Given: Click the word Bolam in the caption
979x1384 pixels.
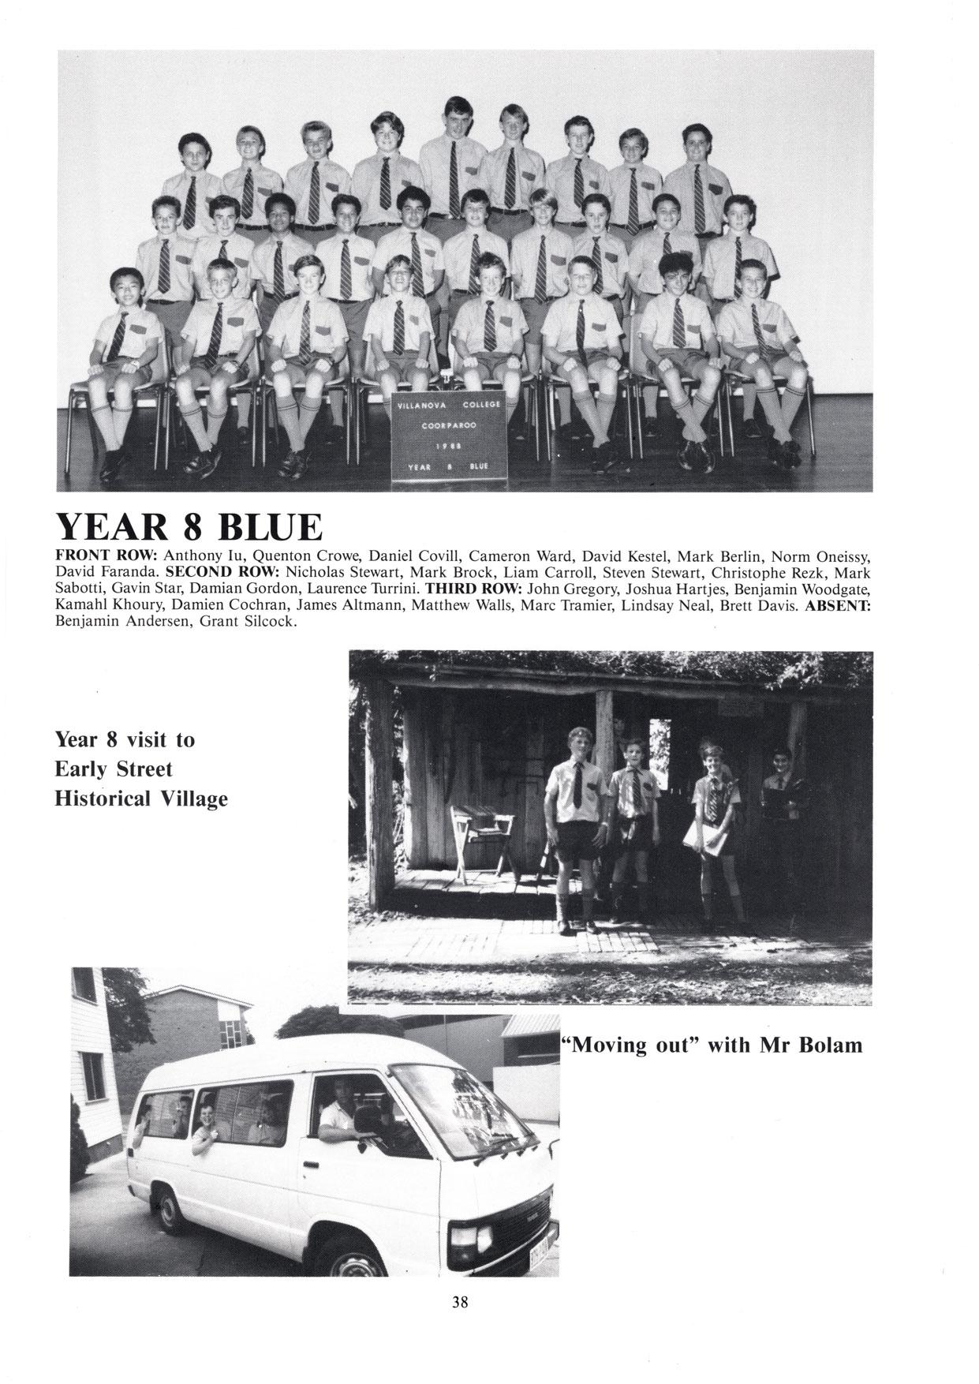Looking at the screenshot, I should (x=831, y=1045).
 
